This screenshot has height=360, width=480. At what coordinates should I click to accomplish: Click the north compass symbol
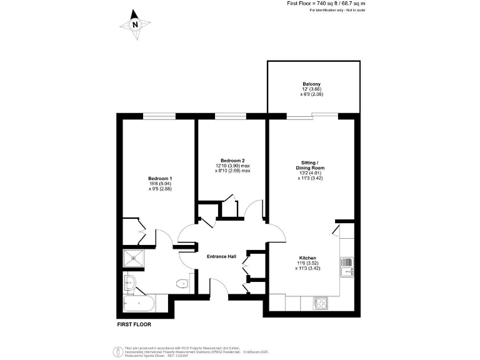[134, 25]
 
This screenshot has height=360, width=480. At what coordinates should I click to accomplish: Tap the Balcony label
[311, 84]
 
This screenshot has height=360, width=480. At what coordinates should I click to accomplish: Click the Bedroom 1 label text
[159, 178]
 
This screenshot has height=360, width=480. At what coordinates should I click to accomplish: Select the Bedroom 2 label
[232, 160]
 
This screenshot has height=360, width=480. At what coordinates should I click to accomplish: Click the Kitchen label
[307, 258]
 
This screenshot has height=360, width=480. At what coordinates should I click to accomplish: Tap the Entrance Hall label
[222, 257]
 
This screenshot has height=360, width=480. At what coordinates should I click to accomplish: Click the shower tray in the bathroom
[132, 259]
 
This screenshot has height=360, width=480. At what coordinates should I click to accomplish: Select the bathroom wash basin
[131, 282]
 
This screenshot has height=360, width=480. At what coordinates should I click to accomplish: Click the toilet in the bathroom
[182, 284]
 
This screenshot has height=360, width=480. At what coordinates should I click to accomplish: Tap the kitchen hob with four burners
[321, 304]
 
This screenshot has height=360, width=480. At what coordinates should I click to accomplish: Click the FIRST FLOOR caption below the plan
[134, 324]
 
